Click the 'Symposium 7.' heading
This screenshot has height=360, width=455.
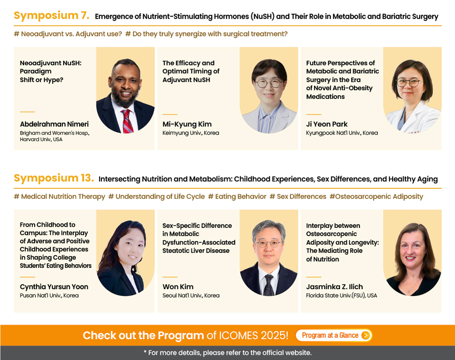[x=51, y=15]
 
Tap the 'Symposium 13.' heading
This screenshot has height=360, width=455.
[x=54, y=178]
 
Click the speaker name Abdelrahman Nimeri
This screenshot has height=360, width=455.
[x=54, y=124]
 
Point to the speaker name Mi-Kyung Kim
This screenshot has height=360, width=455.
[x=187, y=125]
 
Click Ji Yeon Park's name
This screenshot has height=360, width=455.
[x=327, y=124]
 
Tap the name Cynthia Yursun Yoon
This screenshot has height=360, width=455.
[x=54, y=287]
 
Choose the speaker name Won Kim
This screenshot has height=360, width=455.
[x=178, y=287]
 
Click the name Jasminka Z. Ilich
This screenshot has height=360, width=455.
[x=334, y=287]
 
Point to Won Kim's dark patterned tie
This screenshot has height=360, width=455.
[x=269, y=285]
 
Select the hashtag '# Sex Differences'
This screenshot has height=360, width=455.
[x=298, y=196]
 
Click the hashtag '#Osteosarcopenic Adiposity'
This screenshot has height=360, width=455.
[x=376, y=196]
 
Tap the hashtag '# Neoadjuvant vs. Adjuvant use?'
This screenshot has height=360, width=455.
[x=68, y=34]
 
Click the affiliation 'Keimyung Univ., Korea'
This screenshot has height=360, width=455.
[x=191, y=133]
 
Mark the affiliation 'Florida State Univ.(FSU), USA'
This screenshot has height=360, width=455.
[x=342, y=295]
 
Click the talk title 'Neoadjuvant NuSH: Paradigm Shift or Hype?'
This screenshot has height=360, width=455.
[x=51, y=71]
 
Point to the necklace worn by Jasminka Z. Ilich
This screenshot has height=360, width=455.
[x=412, y=285]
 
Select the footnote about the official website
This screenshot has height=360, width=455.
[x=227, y=353]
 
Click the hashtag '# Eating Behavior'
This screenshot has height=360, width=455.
[x=237, y=196]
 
